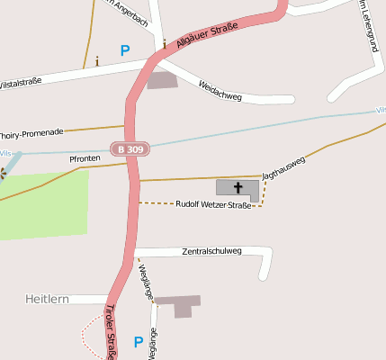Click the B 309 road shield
click(x=130, y=148)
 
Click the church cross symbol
click(x=238, y=188)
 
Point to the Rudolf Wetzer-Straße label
click(x=213, y=205)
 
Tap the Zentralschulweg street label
click(x=211, y=251)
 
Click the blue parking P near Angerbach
click(x=124, y=51)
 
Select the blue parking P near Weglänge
click(x=138, y=342)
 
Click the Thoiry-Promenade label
click(x=32, y=131)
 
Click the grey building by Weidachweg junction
click(x=163, y=80)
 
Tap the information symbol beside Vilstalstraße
click(x=97, y=61)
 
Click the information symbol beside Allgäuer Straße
click(x=165, y=42)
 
